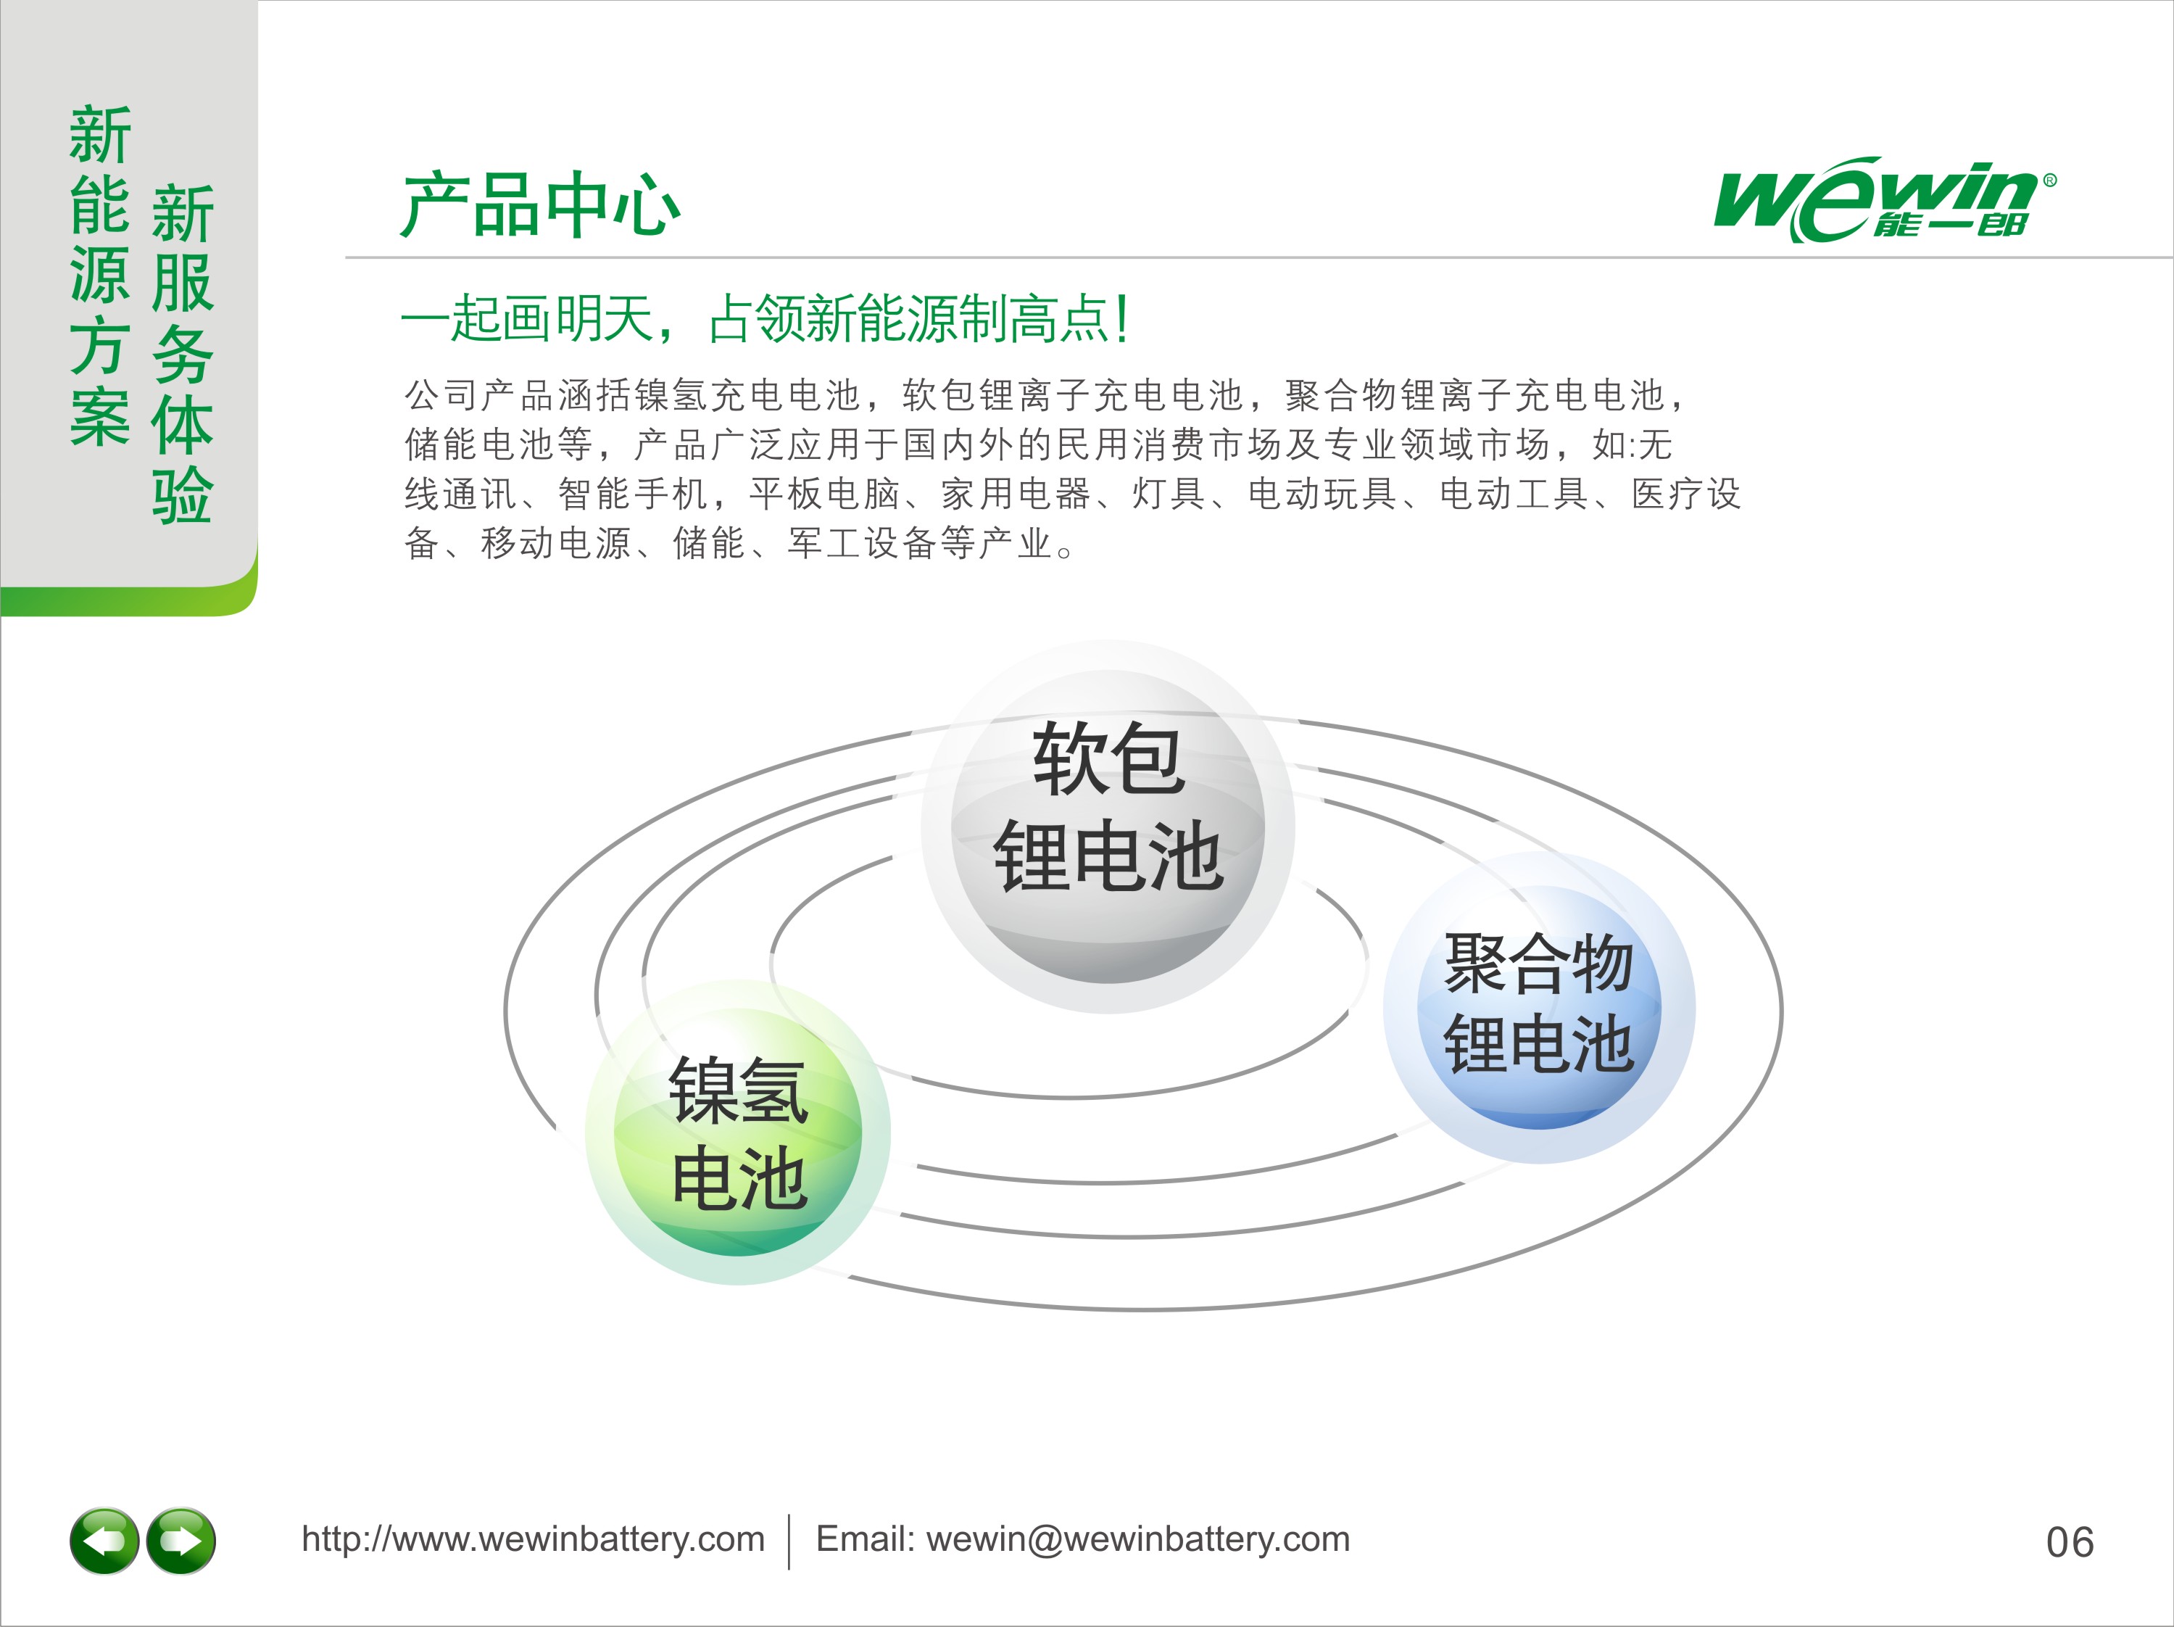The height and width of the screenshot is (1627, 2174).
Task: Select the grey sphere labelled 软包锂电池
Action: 1108,826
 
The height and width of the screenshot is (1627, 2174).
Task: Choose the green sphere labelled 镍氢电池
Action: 738,1132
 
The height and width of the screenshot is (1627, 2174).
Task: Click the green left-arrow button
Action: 104,1541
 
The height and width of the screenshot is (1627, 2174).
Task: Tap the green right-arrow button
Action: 181,1541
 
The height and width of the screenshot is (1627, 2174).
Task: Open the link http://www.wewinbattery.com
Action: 533,1539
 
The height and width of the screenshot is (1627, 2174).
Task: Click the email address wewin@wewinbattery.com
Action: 1138,1539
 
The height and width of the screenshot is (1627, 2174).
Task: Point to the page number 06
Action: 2070,1542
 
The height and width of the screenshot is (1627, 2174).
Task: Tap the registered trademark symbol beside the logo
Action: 2049,180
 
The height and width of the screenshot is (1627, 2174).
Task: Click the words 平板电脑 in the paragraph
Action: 825,494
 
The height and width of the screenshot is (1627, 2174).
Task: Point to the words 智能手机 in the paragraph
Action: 633,494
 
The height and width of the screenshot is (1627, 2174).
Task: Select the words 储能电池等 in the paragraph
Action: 498,444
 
